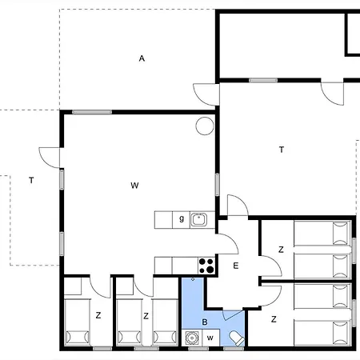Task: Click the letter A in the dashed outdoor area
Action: click(142, 58)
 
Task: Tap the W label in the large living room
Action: click(134, 186)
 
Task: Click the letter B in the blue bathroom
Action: click(205, 322)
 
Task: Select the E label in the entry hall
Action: click(235, 266)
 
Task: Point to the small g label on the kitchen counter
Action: click(182, 219)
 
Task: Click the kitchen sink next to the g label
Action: click(199, 220)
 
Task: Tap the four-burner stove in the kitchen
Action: click(206, 266)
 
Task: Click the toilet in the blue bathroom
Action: click(238, 338)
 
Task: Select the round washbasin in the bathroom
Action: click(192, 338)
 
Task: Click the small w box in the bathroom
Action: click(210, 338)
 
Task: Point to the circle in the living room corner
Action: click(205, 126)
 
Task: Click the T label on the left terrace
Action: click(31, 181)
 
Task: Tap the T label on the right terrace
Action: click(282, 150)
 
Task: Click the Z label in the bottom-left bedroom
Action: click(98, 315)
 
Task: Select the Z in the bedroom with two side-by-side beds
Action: click(146, 316)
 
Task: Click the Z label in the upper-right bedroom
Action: click(281, 250)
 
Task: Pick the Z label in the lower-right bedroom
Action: click(274, 319)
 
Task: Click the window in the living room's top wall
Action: click(92, 112)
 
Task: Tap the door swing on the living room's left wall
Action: click(50, 158)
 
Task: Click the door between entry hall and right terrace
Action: click(238, 206)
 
